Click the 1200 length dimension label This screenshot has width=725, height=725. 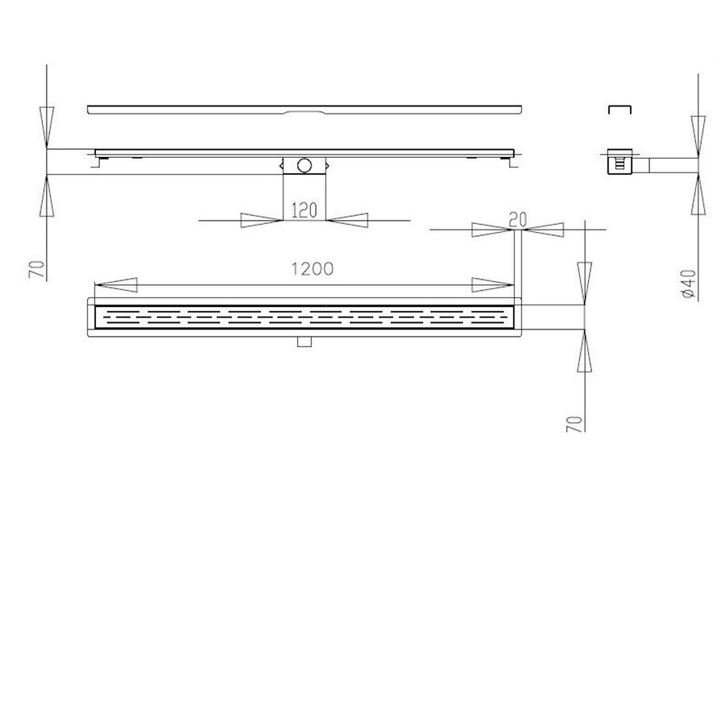click(312, 270)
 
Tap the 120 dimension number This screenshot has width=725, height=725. click(304, 212)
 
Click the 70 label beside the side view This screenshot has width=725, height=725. click(35, 267)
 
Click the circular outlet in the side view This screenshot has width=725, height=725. click(304, 166)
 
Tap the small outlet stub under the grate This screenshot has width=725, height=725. click(304, 342)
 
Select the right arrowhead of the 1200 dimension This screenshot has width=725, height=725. click(491, 284)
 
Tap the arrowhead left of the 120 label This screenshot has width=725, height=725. click(259, 220)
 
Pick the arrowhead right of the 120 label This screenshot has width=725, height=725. click(348, 220)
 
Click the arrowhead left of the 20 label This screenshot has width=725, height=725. click(492, 230)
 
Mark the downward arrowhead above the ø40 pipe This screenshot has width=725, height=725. click(697, 133)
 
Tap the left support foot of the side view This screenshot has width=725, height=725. click(99, 162)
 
